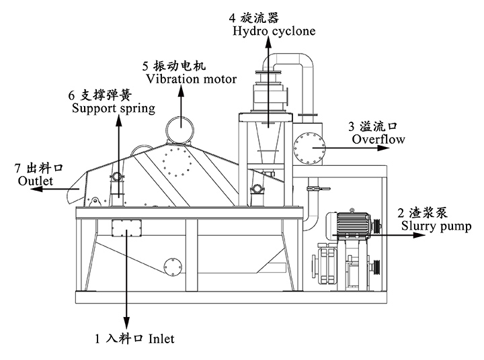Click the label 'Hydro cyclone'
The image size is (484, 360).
click(x=274, y=31)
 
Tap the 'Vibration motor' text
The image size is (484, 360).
click(x=188, y=79)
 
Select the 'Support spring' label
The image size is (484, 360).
click(x=112, y=107)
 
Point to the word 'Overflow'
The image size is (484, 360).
click(x=378, y=140)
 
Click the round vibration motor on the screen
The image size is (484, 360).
click(x=179, y=128)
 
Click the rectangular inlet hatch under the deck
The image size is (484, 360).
click(x=126, y=228)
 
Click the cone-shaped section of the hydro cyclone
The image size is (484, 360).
click(x=268, y=148)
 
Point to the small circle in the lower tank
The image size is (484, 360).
click(x=171, y=265)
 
